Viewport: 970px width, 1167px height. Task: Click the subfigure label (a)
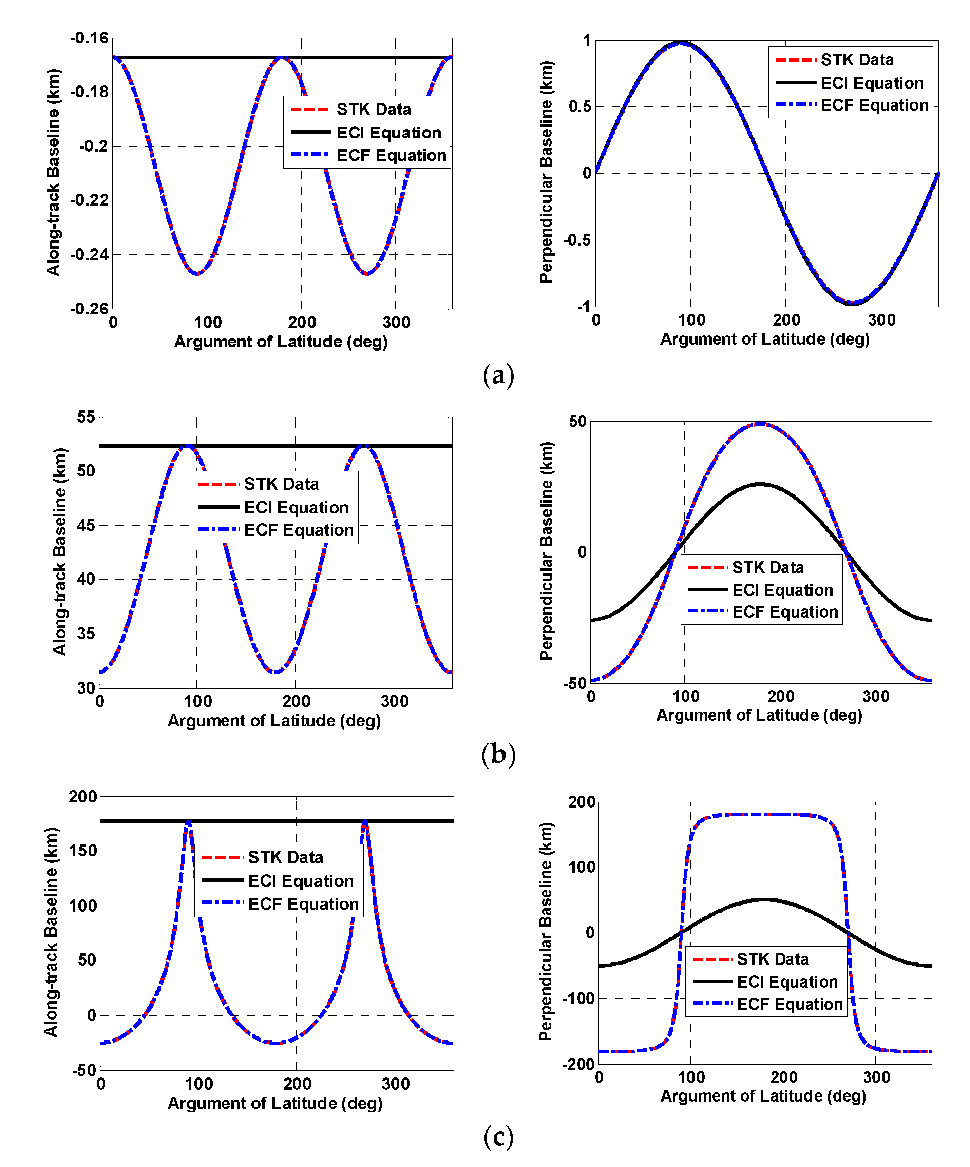(498, 376)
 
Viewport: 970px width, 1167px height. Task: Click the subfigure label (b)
(498, 755)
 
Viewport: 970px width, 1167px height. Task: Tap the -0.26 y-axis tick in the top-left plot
(89, 309)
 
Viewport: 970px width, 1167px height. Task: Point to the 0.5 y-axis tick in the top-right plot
(580, 106)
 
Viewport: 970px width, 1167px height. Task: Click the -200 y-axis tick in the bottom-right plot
(578, 1064)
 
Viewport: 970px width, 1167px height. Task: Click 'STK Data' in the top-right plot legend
(857, 60)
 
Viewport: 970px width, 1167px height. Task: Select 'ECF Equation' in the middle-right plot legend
(785, 612)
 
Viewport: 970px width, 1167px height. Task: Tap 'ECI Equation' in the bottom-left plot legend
(301, 881)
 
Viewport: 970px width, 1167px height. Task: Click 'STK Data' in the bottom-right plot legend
(773, 959)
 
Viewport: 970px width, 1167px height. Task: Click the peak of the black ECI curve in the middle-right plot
(760, 484)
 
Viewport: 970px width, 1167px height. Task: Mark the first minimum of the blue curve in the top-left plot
(197, 273)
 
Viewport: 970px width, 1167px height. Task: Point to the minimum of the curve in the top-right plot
(852, 304)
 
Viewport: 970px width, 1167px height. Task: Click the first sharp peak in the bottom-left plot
(188, 821)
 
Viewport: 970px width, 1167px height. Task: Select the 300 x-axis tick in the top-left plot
(396, 322)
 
